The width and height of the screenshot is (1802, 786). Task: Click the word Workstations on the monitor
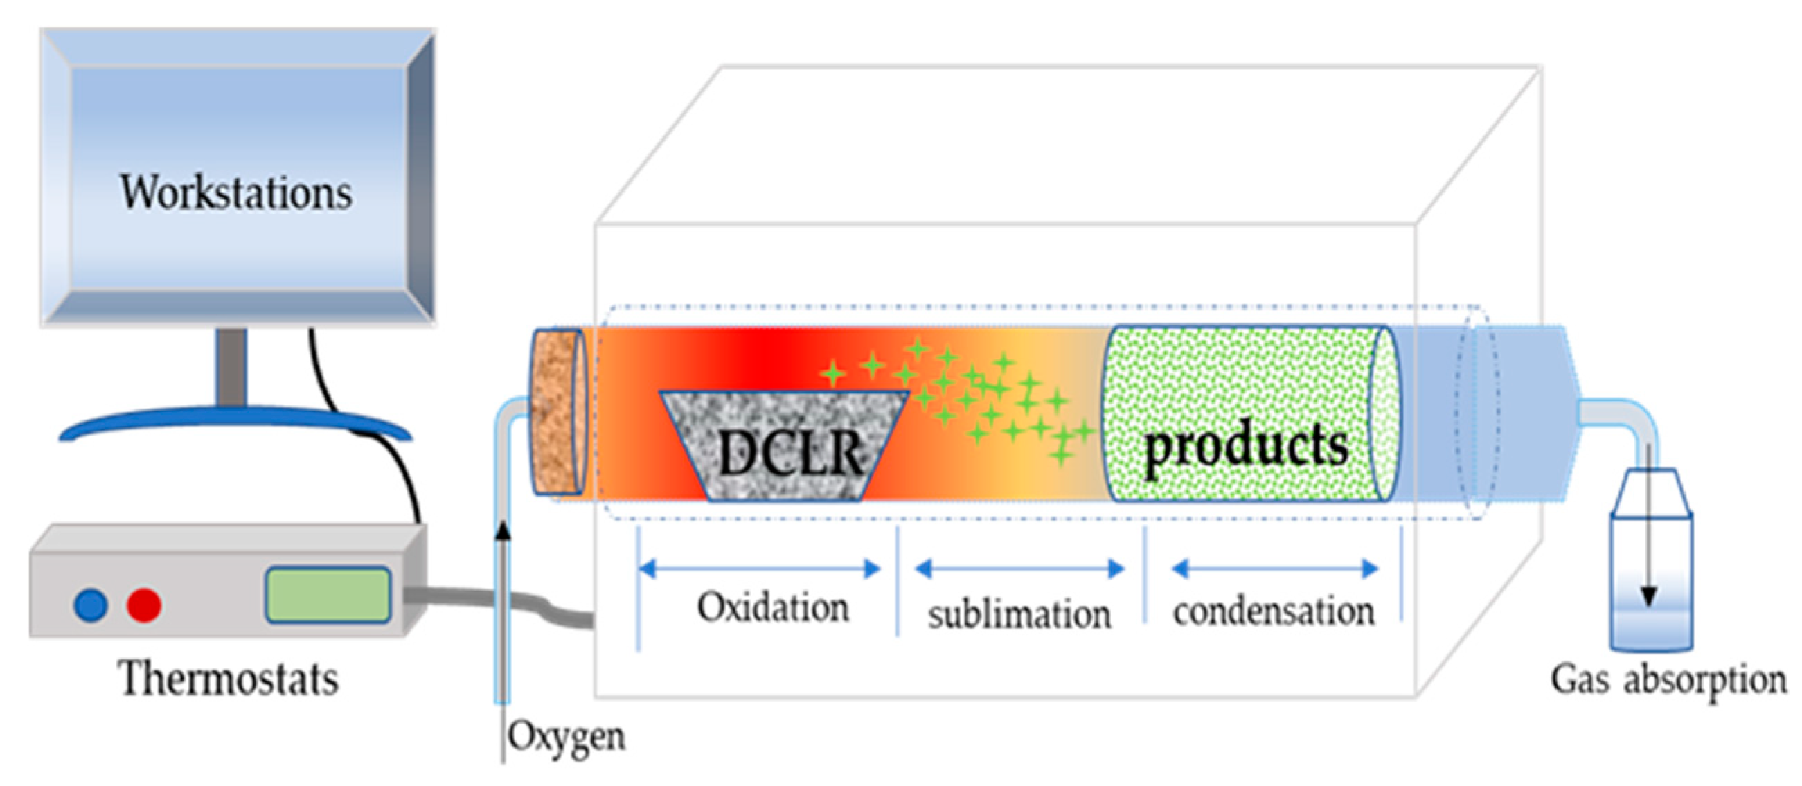click(236, 193)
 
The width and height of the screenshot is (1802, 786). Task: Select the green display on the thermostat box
click(328, 595)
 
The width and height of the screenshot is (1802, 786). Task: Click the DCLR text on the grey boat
click(790, 453)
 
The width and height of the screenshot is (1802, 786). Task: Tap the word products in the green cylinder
click(1246, 447)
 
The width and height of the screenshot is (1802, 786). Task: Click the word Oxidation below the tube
click(773, 607)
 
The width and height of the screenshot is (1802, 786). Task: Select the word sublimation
click(1019, 615)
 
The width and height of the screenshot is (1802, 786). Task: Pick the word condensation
click(1273, 611)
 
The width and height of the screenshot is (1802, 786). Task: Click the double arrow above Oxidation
click(760, 569)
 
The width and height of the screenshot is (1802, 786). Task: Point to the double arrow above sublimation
click(1019, 569)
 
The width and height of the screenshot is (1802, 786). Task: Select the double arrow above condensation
click(1274, 569)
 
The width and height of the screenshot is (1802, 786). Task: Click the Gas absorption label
click(1668, 680)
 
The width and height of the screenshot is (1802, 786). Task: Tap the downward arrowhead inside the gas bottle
click(1649, 596)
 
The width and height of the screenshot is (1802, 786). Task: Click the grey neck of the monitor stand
click(231, 367)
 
